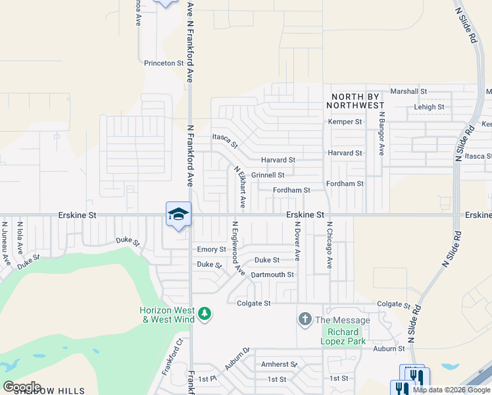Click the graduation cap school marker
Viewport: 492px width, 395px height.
(x=178, y=215)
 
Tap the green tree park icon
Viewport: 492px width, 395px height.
(x=205, y=313)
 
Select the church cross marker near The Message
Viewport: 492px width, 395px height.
(x=305, y=320)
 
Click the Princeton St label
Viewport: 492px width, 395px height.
(x=164, y=63)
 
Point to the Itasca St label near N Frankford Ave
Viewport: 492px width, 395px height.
(x=224, y=140)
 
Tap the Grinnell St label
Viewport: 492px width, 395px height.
(x=268, y=175)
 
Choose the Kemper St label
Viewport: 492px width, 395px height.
(x=345, y=122)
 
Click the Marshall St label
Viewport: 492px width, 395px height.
(x=408, y=92)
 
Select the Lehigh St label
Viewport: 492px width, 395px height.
(x=429, y=107)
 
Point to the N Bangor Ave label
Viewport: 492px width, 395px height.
(x=381, y=133)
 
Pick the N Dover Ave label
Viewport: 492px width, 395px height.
(x=297, y=241)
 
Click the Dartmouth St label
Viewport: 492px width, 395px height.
(x=272, y=274)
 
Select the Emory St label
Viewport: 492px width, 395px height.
(x=212, y=250)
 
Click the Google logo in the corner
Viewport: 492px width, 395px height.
(x=22, y=387)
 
